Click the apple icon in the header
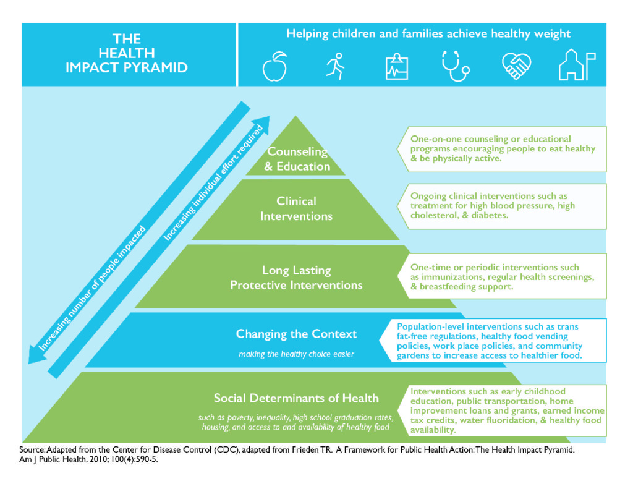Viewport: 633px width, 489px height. click(x=275, y=66)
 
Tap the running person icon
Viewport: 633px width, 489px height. click(x=335, y=66)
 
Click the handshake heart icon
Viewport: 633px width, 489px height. click(x=516, y=66)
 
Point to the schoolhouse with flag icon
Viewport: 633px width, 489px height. click(x=576, y=66)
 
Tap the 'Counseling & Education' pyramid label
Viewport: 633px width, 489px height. click(x=297, y=159)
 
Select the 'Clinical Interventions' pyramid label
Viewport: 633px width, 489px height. click(x=296, y=208)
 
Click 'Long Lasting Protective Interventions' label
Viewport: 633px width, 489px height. click(x=296, y=278)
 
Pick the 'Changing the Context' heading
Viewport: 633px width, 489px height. click(x=296, y=334)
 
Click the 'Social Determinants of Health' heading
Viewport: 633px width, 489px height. click(x=296, y=398)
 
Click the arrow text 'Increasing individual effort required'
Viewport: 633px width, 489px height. click(x=213, y=183)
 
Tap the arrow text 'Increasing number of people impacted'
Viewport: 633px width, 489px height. click(x=93, y=289)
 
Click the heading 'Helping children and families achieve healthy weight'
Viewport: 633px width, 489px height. click(x=428, y=34)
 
